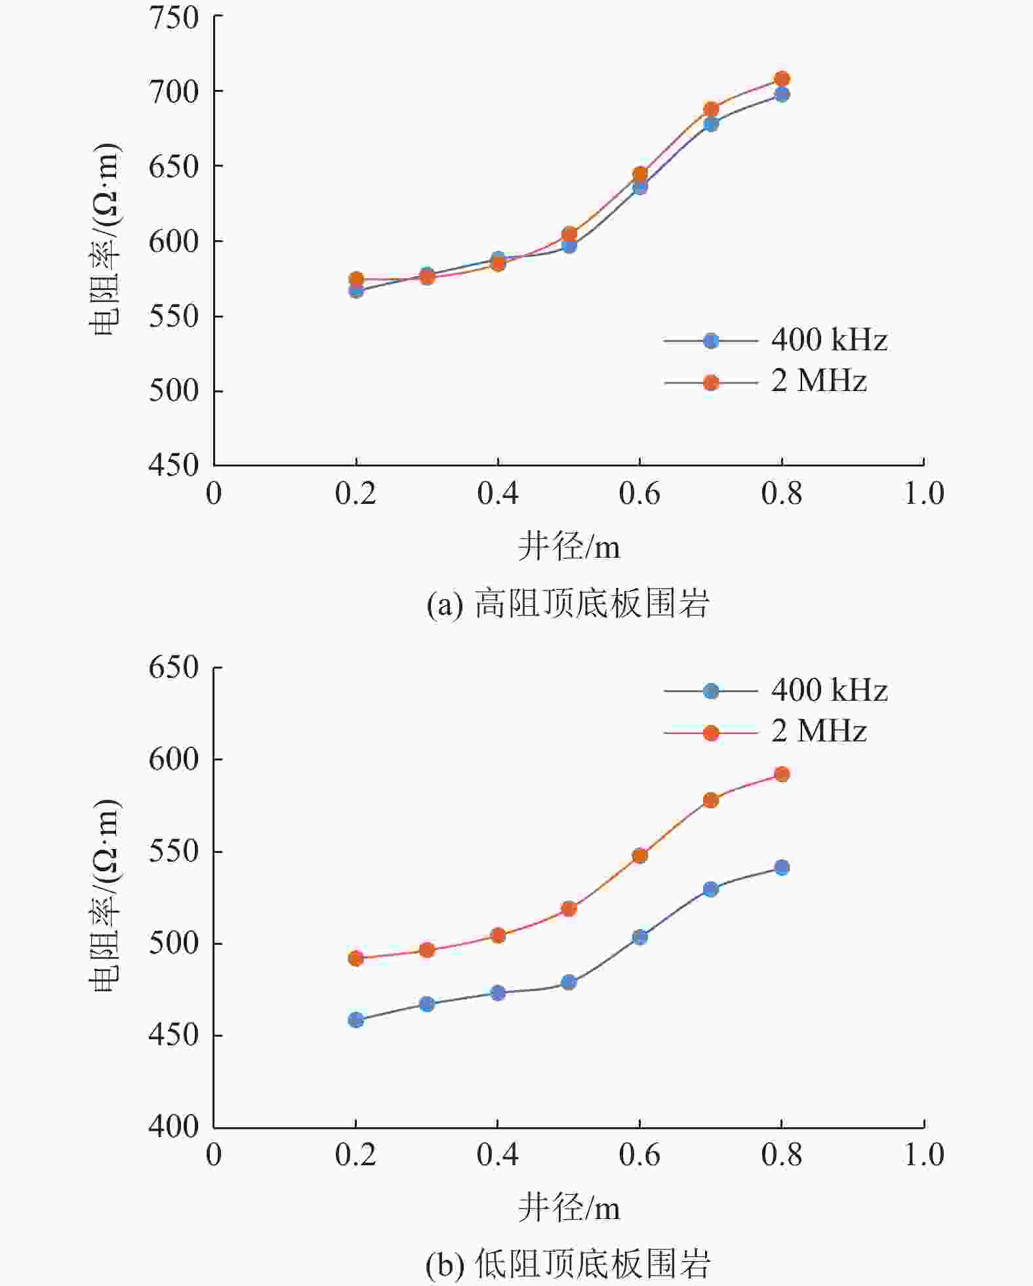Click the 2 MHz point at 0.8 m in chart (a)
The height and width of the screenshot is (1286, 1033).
click(x=782, y=79)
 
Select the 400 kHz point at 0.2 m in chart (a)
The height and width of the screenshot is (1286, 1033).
click(x=356, y=291)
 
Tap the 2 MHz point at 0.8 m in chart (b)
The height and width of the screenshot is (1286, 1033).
click(x=782, y=774)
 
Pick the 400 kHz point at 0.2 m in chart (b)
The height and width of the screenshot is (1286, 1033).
click(x=356, y=1020)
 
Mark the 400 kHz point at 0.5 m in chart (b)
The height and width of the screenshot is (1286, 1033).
click(x=569, y=982)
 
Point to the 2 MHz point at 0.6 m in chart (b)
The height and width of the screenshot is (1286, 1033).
click(x=640, y=856)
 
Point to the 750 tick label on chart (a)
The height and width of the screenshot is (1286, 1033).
click(x=173, y=18)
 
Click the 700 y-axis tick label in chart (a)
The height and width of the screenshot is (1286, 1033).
click(x=173, y=92)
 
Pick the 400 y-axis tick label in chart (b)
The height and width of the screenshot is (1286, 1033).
click(x=173, y=1127)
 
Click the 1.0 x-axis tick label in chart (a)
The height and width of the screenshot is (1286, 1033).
click(x=923, y=494)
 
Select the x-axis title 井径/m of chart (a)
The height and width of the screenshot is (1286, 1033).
click(x=569, y=546)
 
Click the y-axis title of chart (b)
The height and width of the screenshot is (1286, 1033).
click(x=105, y=896)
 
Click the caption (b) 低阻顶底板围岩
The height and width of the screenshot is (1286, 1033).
click(x=568, y=1264)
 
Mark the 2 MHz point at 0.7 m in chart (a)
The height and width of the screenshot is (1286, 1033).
click(x=711, y=110)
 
